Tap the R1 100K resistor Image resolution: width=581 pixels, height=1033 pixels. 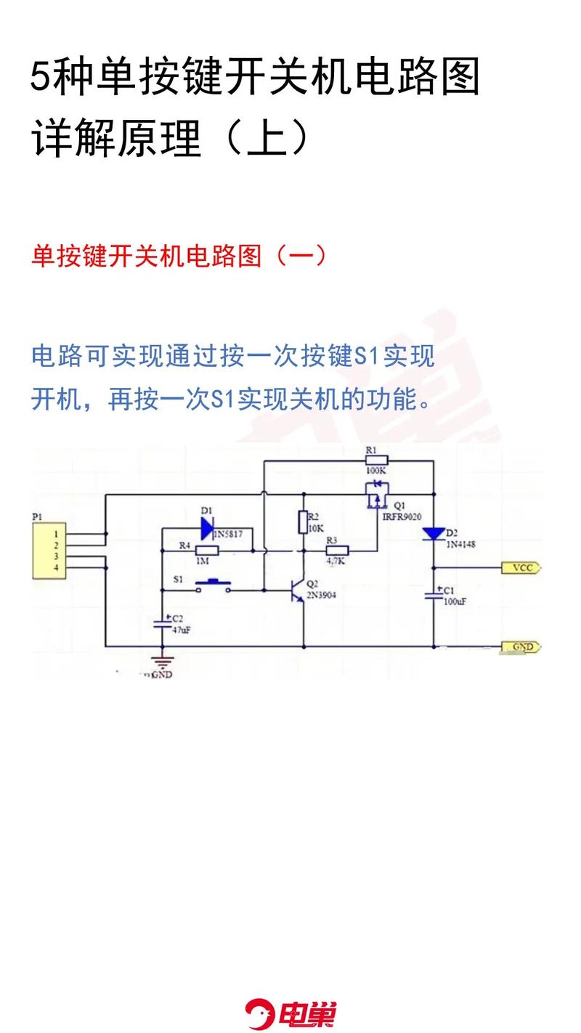tap(375, 460)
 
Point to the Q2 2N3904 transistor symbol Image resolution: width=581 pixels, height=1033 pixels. tap(298, 589)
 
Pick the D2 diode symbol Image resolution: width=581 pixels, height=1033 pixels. tap(434, 534)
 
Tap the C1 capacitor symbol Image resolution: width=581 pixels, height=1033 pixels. tap(434, 594)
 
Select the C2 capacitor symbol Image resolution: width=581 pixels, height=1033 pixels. tap(161, 623)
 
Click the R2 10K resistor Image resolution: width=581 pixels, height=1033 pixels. tap(304, 522)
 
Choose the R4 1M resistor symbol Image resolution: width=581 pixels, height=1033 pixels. tap(207, 551)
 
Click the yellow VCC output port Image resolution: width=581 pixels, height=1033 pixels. tap(521, 567)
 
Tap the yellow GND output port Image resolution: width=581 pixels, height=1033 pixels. tap(521, 647)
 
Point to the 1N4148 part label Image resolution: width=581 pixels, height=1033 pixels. tap(461, 544)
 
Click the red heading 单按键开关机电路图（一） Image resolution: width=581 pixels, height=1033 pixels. tap(179, 256)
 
